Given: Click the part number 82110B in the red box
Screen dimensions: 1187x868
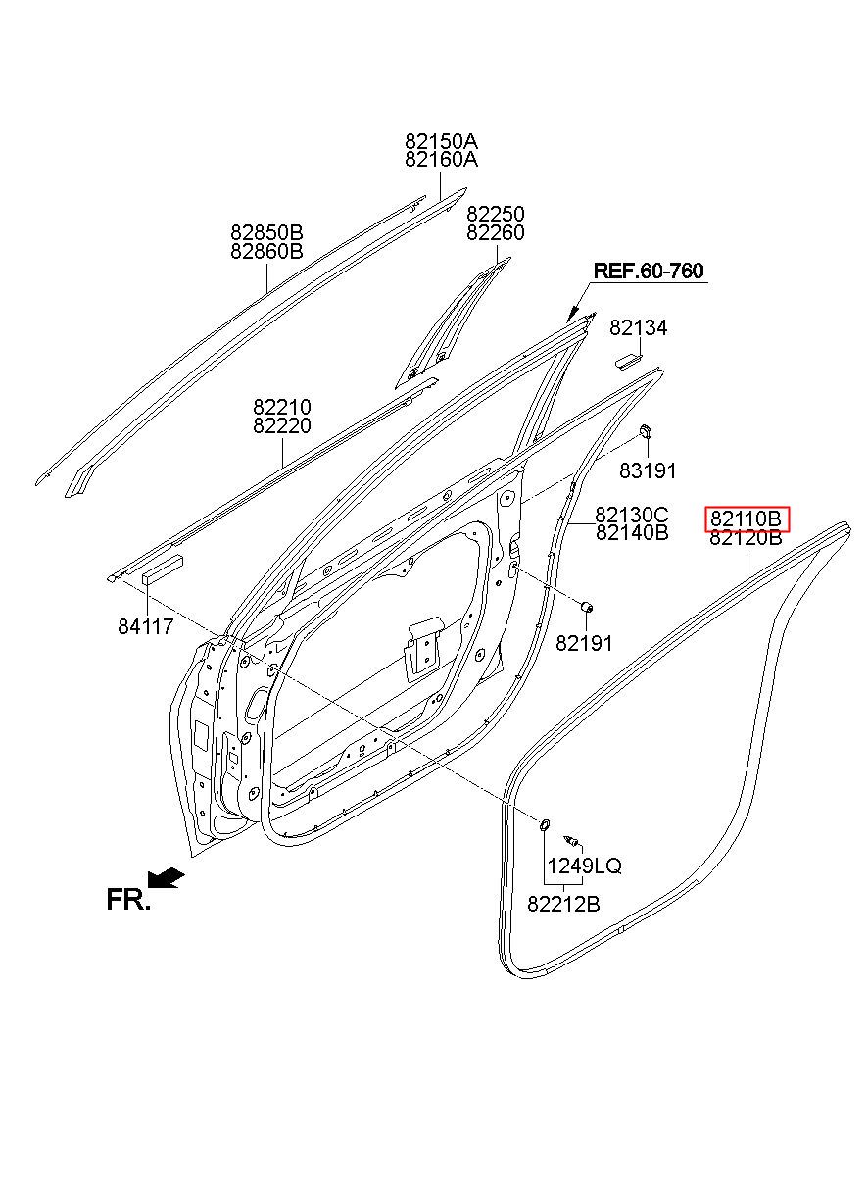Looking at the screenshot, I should click(747, 519).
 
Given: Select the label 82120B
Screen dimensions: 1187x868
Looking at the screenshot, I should click(747, 538).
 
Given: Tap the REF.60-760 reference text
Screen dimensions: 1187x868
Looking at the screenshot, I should click(649, 272).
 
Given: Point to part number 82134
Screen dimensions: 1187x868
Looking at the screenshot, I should click(638, 328).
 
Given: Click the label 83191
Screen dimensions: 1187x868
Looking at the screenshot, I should click(648, 471).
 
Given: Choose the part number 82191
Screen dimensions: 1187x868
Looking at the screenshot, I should click(584, 643).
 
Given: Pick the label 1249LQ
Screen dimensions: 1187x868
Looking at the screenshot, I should click(584, 866).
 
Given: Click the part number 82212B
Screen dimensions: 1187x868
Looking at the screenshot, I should click(563, 905).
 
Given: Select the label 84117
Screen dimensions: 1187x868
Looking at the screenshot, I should click(145, 626).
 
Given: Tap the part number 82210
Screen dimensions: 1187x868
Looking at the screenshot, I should click(282, 407).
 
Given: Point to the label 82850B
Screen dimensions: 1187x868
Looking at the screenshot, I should click(267, 233).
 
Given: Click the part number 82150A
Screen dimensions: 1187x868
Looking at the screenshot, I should click(441, 141).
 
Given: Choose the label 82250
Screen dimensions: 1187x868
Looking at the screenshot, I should click(495, 215).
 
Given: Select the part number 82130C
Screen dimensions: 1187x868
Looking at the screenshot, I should click(632, 515).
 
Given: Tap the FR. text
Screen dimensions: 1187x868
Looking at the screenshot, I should click(127, 900).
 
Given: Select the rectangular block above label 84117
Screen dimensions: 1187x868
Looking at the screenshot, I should click(163, 569).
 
